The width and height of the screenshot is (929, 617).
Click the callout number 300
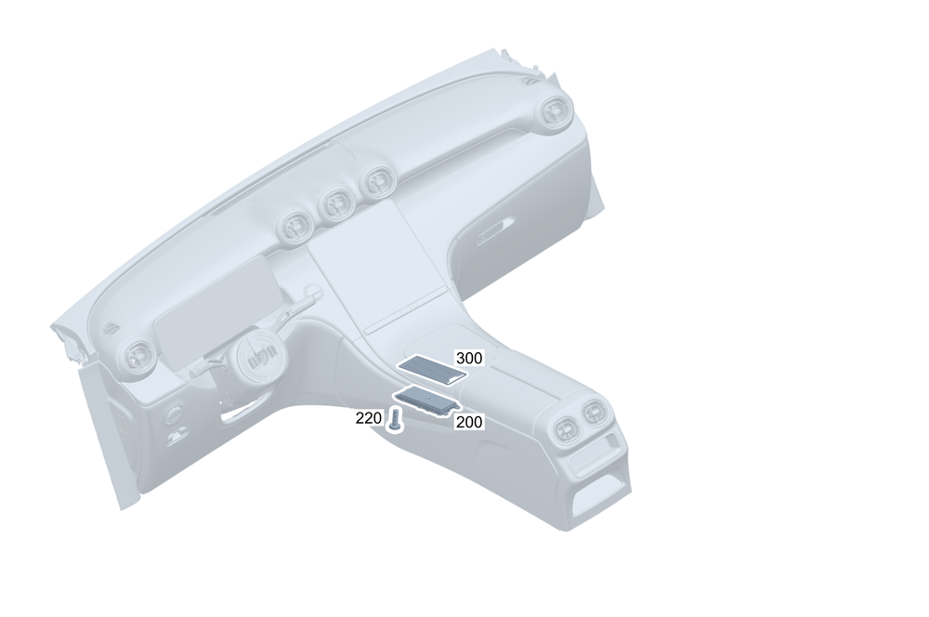tap(468, 358)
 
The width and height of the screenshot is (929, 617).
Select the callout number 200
tap(468, 422)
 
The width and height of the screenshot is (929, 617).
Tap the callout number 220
tap(369, 418)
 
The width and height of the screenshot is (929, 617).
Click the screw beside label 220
tap(395, 421)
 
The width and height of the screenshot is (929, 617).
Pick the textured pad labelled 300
tap(432, 370)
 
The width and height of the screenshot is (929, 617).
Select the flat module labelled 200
tap(427, 401)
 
